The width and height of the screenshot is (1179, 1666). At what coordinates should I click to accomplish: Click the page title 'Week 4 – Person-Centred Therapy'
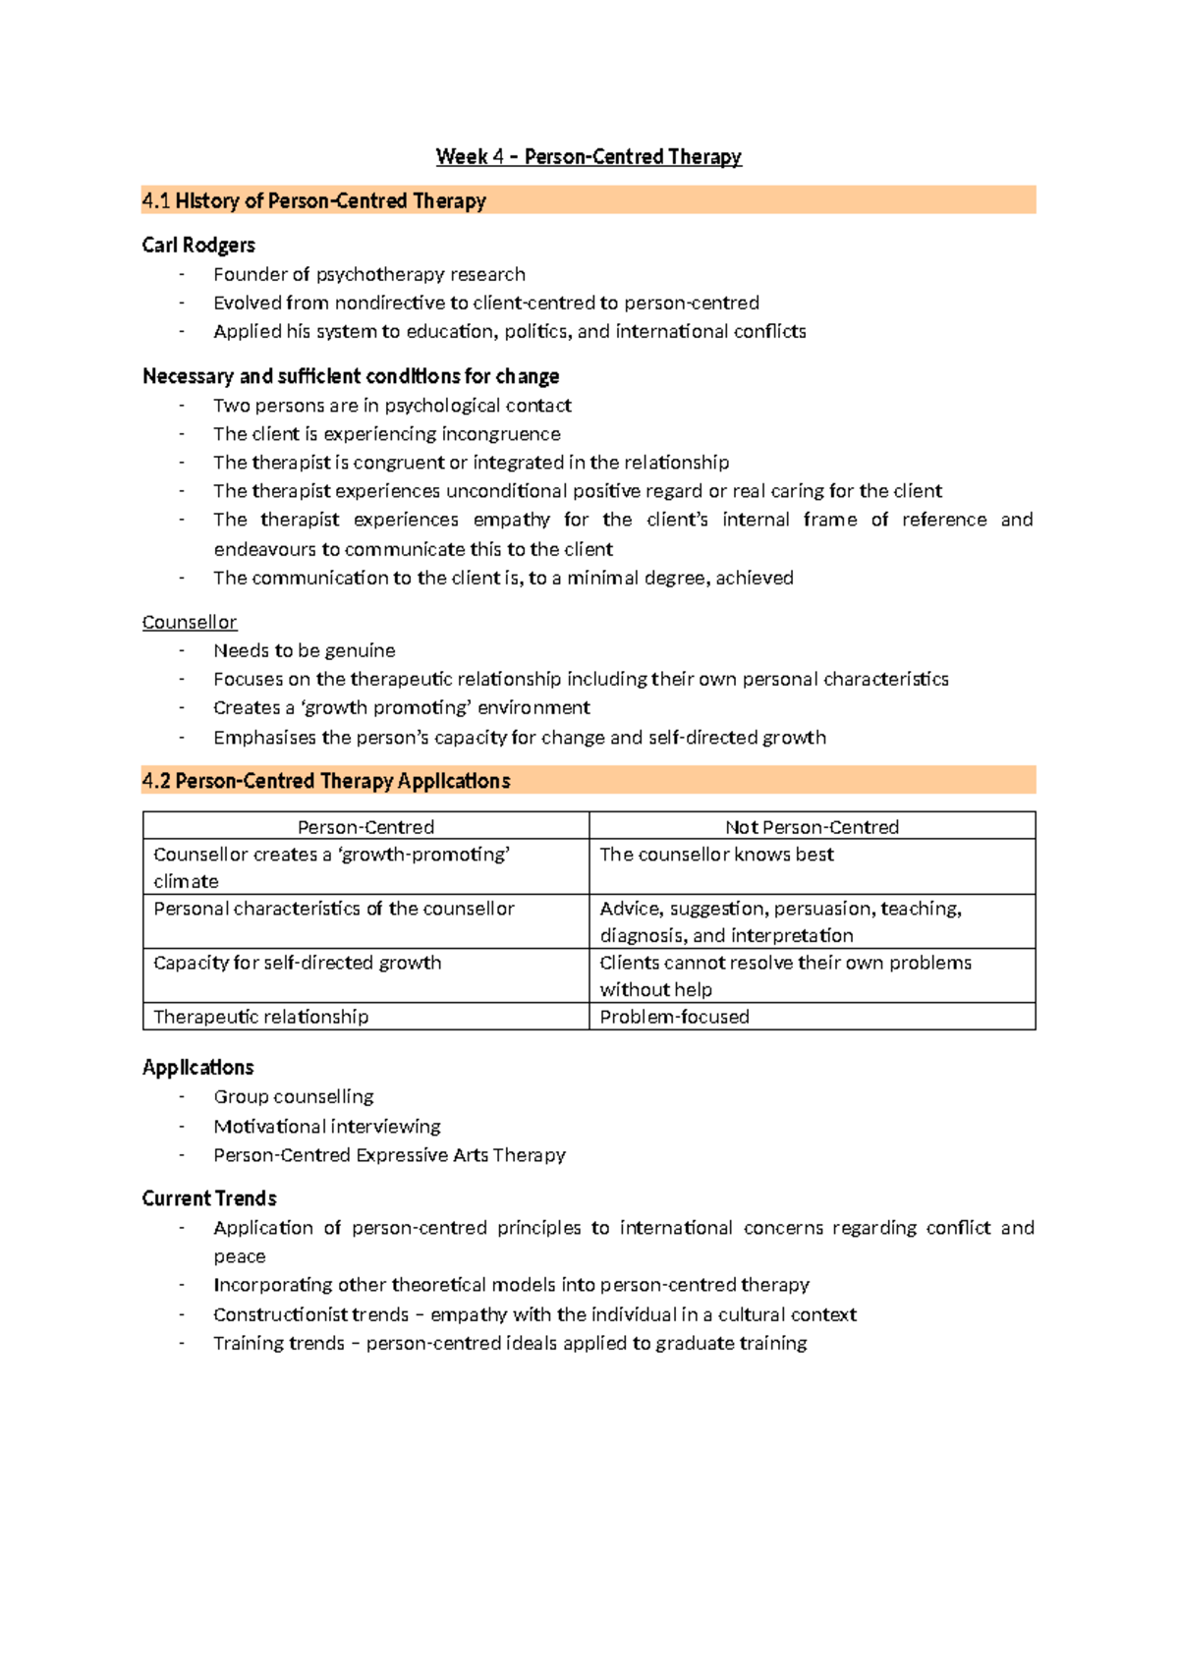589,157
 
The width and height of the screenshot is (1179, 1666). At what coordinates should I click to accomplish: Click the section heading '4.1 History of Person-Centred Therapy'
314,201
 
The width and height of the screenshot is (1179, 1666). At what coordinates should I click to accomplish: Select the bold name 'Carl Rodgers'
198,246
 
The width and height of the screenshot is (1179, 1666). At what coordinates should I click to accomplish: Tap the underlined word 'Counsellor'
190,623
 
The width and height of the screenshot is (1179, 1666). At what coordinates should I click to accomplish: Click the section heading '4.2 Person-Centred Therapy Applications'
326,781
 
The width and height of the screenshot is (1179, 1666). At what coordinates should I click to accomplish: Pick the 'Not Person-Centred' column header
812,827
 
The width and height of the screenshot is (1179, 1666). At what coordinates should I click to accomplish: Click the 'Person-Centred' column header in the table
365,827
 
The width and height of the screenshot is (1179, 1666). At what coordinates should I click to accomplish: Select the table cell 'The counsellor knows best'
716,855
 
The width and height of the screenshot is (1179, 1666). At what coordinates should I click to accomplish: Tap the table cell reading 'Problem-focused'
674,1017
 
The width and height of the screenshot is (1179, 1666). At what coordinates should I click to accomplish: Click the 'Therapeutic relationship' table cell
261,1017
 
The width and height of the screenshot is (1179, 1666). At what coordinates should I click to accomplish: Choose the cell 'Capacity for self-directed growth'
298,963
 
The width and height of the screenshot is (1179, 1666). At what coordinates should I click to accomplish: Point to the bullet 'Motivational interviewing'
327,1127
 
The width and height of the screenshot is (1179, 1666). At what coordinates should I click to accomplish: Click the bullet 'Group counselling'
294,1097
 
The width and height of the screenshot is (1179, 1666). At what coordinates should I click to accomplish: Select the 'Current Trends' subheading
209,1198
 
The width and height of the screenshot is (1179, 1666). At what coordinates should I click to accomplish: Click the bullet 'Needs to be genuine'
305,650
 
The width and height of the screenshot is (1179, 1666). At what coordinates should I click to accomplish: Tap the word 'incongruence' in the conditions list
501,434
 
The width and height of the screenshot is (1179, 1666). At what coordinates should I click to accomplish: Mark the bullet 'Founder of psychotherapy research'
369,275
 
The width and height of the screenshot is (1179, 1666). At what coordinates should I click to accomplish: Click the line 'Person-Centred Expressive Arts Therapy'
389,1155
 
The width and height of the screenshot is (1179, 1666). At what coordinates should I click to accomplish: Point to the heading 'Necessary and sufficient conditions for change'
351,376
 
